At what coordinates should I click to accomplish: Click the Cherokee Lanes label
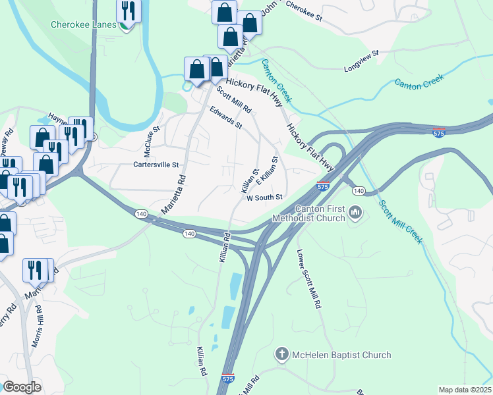84,25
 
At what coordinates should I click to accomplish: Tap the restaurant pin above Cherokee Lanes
127,11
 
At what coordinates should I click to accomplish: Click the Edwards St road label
227,117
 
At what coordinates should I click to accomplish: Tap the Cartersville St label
157,165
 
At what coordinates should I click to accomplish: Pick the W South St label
264,197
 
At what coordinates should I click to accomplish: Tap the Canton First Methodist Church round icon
356,212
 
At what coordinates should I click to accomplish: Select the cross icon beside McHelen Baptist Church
281,355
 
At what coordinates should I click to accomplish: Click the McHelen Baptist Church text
342,355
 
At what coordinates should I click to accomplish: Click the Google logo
22,387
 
